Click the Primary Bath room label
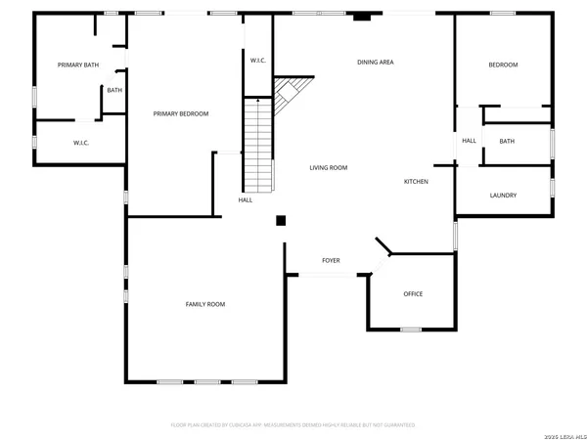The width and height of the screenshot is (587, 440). click(78, 65)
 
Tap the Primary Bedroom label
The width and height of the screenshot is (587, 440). click(181, 114)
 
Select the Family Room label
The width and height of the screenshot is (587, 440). click(205, 304)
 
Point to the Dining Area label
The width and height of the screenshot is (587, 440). click(375, 63)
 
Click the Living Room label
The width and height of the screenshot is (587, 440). click(329, 168)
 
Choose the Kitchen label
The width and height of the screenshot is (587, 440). click(417, 181)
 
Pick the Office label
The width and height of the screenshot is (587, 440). click(413, 293)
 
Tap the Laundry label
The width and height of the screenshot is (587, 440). click(503, 196)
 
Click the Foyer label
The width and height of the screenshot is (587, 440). click(332, 261)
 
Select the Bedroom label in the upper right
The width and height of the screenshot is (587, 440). click(503, 65)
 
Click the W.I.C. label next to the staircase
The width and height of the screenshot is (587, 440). click(257, 61)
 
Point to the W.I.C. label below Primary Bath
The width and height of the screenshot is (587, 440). click(81, 144)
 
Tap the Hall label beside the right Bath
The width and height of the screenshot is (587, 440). click(470, 141)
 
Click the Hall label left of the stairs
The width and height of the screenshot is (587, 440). click(245, 200)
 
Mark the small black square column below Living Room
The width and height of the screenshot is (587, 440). click(281, 221)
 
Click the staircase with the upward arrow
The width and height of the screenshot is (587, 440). click(257, 137)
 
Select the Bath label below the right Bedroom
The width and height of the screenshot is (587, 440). click(507, 141)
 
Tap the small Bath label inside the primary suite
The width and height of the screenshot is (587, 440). click(114, 91)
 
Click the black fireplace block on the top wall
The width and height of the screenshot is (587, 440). click(363, 16)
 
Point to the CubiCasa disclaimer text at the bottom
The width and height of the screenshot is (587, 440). click(293, 425)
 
